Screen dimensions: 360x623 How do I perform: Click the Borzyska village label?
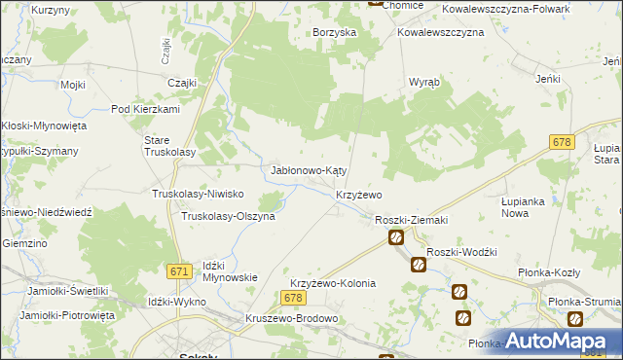tap(334, 32)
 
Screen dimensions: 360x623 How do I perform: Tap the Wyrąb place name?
tap(424, 82)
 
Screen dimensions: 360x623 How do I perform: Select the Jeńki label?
tap(550, 78)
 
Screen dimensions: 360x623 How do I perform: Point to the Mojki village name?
tap(73, 85)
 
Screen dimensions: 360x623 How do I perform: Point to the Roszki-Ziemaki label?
tap(411, 220)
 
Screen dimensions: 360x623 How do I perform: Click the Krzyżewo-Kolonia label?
tap(332, 283)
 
